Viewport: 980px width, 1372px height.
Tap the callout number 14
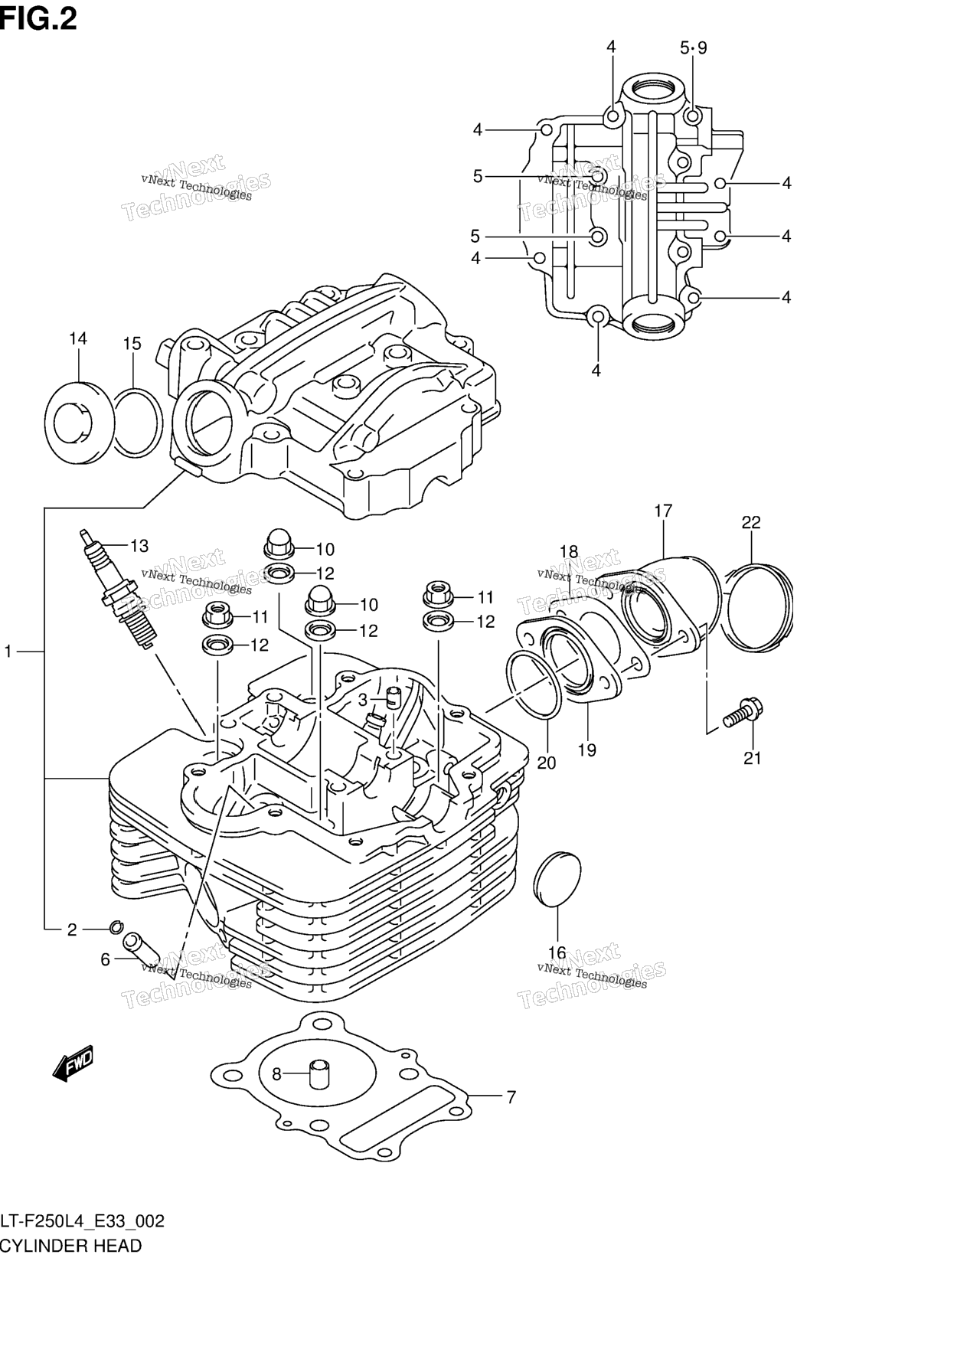(77, 338)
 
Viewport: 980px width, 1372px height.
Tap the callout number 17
(663, 511)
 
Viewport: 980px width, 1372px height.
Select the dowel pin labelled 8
(318, 1073)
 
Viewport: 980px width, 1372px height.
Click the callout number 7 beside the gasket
(511, 1097)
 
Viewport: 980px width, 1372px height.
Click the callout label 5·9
(694, 47)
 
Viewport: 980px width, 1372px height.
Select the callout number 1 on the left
(8, 652)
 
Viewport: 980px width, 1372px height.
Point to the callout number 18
(568, 551)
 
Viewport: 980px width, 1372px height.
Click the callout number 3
(363, 699)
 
